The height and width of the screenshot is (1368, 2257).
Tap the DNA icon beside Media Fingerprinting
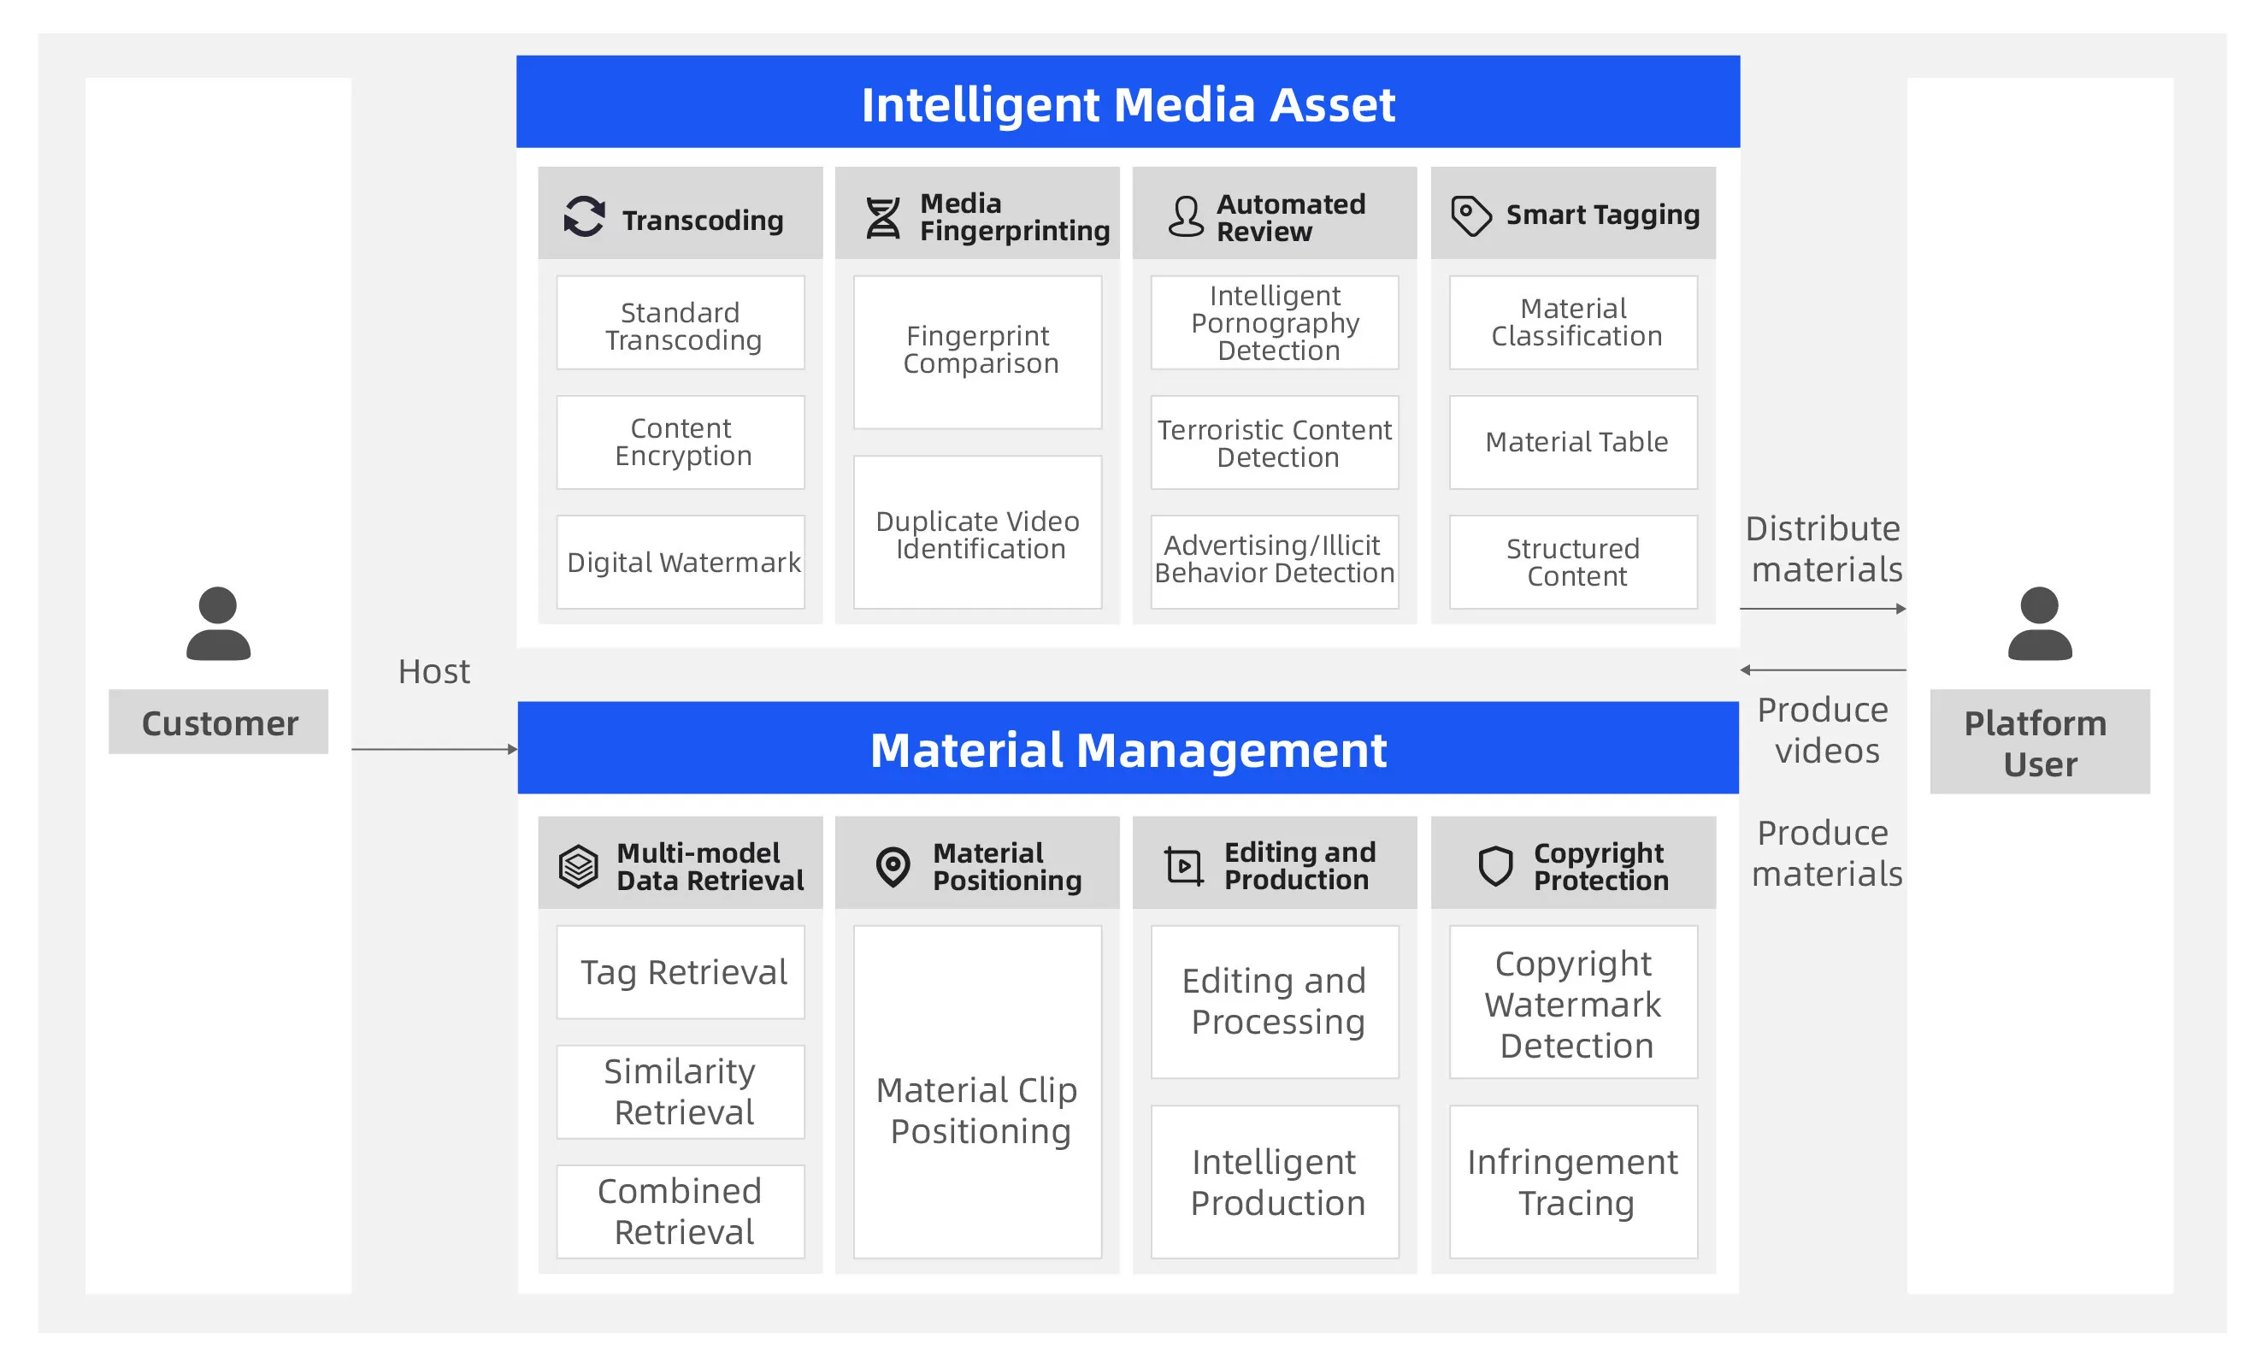[x=883, y=218]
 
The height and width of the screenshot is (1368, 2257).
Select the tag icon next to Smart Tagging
[x=1471, y=216]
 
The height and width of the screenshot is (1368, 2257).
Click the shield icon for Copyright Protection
[x=1495, y=866]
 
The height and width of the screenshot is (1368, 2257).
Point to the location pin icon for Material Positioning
[x=893, y=866]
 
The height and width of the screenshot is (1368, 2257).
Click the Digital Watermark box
[x=681, y=562]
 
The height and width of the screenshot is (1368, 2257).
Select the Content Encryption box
[x=681, y=443]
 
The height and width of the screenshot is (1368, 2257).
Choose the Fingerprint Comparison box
[x=977, y=352]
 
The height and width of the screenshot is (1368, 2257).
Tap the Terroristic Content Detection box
[x=1274, y=443]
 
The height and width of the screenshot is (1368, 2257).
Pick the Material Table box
[x=1573, y=443]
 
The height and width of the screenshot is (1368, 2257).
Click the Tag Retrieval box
[x=681, y=972]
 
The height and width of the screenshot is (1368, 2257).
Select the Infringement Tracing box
[x=1573, y=1182]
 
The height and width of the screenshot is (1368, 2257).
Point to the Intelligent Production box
[x=1274, y=1182]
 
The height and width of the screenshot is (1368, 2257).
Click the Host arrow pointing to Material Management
[x=434, y=750]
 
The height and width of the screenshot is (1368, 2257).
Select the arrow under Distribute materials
[x=1823, y=609]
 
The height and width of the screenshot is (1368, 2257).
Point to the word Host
[x=433, y=672]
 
